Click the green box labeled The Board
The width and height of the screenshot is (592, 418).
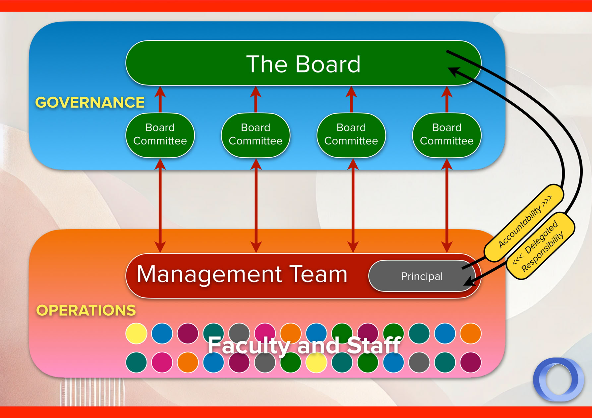tap(303, 63)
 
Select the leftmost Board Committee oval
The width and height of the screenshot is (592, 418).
tap(160, 135)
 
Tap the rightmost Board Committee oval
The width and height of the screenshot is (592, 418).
tap(446, 135)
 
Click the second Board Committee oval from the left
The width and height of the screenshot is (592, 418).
tap(256, 135)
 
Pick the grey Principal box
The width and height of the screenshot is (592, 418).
tap(421, 276)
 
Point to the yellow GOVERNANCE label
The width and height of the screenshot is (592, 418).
tap(90, 102)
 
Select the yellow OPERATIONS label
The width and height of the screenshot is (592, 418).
tap(86, 310)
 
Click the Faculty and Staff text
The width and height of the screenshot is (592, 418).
tap(304, 345)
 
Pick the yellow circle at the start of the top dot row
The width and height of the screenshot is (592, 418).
tap(136, 333)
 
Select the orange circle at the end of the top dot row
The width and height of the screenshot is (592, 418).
tap(470, 333)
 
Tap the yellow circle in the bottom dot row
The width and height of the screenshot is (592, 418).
tap(317, 363)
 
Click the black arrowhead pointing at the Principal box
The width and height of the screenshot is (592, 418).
tap(469, 282)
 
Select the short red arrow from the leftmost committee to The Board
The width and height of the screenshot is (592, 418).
tap(160, 99)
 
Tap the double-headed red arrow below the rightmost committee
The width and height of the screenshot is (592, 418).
tap(447, 205)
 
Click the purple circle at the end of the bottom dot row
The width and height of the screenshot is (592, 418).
tap(470, 363)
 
